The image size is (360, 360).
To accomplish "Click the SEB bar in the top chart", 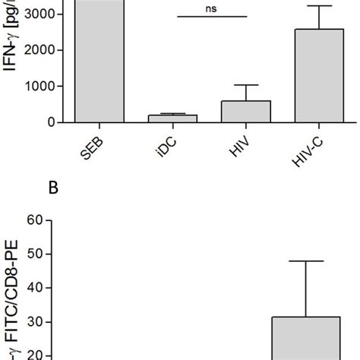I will [99, 61].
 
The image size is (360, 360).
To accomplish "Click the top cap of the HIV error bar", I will [246, 85].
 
